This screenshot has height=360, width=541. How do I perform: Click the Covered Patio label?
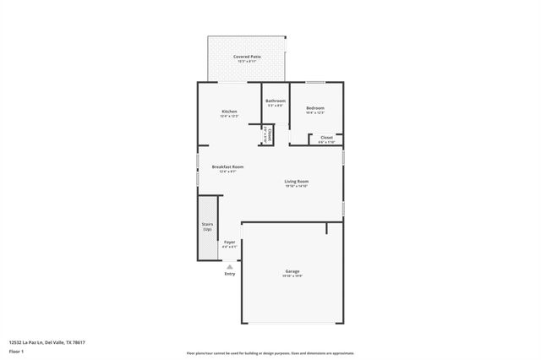247,56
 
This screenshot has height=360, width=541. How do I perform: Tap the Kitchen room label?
229,112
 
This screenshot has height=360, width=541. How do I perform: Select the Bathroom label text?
276,101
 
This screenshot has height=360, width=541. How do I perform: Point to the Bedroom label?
315,108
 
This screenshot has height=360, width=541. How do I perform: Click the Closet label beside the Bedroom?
326,137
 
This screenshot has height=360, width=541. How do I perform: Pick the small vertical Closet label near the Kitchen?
269,134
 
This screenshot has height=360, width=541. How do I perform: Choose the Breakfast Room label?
227,166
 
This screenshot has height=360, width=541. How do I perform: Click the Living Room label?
296,181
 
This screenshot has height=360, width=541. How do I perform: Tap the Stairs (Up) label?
207,226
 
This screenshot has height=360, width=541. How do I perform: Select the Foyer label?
229,243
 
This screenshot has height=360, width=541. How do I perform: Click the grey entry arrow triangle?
229,265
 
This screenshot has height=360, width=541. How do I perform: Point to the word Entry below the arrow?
229,274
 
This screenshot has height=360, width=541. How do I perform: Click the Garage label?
292,271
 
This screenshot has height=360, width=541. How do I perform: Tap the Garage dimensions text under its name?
292,276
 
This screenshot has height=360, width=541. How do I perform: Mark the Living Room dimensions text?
296,186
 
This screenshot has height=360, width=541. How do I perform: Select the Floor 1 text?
17,350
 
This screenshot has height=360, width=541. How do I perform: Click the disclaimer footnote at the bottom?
270,353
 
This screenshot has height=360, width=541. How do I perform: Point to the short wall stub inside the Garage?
326,228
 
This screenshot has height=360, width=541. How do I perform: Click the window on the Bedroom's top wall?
315,82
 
